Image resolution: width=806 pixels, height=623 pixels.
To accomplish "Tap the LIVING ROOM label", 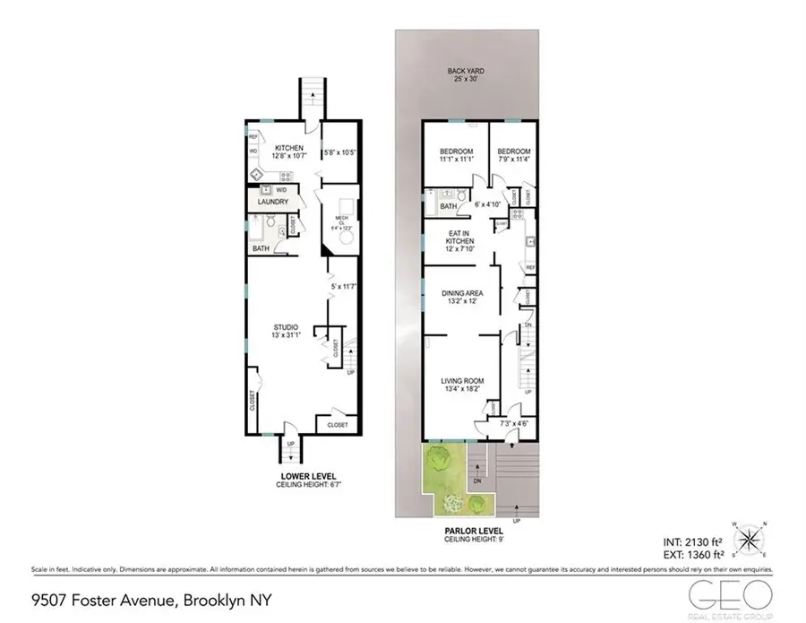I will [x=461, y=385].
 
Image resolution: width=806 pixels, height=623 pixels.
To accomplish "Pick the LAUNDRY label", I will [x=271, y=203].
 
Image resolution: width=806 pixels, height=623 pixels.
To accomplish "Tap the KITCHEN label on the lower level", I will [x=289, y=148].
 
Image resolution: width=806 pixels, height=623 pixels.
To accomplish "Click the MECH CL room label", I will [x=341, y=221].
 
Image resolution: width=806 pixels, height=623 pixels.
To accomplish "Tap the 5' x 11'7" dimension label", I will [x=343, y=287].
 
